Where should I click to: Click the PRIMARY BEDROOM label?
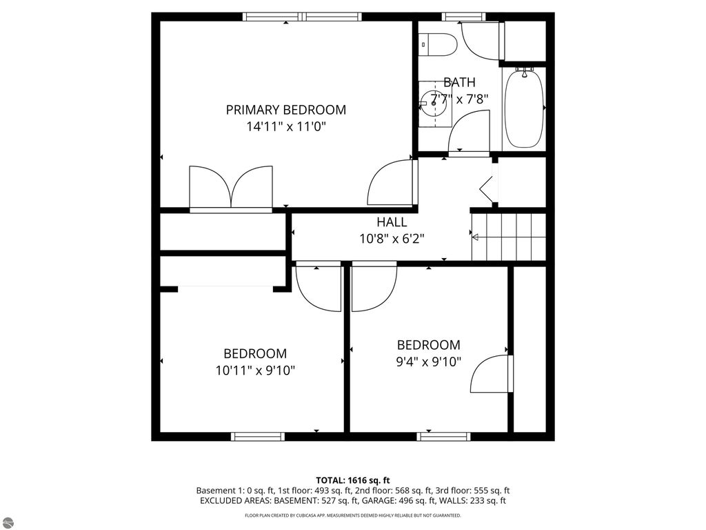286,110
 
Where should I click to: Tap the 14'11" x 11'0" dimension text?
286,127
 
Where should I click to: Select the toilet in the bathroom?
438,44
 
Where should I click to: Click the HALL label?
392,222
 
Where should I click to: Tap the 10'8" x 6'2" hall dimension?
392,239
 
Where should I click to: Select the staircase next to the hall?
509,237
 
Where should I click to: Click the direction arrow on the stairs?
475,237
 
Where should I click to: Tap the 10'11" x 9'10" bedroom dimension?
255,371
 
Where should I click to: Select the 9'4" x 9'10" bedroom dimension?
429,362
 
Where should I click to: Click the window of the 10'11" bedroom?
258,436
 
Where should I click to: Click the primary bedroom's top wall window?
303,17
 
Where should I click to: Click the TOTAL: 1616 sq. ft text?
353,480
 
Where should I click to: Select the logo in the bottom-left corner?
9,522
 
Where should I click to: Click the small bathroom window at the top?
463,17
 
